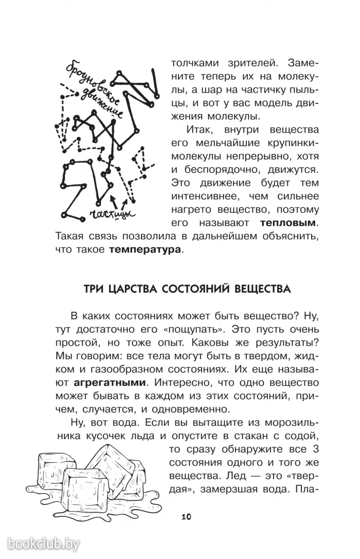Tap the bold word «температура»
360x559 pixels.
tap(145, 250)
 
